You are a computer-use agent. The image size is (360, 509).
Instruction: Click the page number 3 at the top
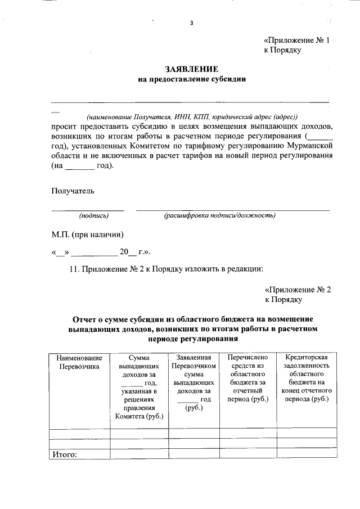[191, 22]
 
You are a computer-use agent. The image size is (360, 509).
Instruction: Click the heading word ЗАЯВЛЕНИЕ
[191, 69]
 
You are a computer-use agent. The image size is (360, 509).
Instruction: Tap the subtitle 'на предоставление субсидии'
[192, 79]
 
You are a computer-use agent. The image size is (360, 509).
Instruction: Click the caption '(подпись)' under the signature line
[94, 215]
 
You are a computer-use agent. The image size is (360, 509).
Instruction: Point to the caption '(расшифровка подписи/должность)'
[219, 215]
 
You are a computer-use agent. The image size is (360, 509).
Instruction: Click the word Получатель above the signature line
[73, 191]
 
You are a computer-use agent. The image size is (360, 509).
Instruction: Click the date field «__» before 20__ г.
[60, 253]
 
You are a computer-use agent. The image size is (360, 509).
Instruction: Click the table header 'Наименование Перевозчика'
[79, 362]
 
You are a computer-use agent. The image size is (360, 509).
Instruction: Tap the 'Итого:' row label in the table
[64, 454]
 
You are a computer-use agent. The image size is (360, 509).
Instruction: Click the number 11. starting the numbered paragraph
[74, 269]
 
